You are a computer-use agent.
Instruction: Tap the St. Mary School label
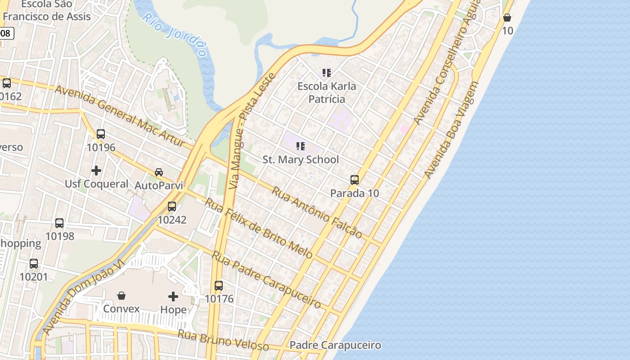(x=301, y=160)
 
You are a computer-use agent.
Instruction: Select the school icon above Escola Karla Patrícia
(x=327, y=72)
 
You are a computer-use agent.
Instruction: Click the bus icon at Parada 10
(x=355, y=180)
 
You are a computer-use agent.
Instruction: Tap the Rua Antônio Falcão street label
(x=316, y=212)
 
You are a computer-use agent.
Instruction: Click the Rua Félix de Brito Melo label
(x=259, y=228)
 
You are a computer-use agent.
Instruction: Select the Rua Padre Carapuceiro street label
(x=266, y=279)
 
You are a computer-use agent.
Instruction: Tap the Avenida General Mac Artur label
(x=120, y=115)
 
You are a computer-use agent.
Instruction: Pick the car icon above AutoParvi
(x=159, y=172)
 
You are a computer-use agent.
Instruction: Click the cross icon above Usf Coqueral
(x=96, y=171)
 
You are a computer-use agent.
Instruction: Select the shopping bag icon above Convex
(x=121, y=296)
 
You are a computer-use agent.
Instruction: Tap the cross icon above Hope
(x=173, y=296)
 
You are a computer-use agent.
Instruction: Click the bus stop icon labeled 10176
(x=219, y=285)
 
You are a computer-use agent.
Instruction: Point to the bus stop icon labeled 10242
(x=172, y=207)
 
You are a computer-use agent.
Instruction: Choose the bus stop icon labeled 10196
(x=101, y=134)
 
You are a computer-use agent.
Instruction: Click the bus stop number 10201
(x=33, y=277)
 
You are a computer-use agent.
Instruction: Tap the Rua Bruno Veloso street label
(x=223, y=340)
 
